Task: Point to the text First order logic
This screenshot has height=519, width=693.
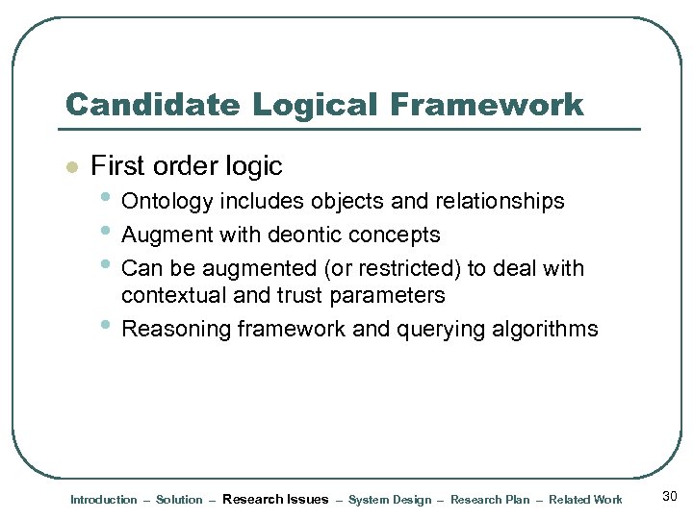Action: pos(186,166)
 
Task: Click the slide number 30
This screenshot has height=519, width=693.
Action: pos(671,496)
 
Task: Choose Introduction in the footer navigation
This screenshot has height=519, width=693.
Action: pos(104,500)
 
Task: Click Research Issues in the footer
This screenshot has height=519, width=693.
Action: pos(275,499)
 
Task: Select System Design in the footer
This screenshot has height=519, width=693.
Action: pos(390,500)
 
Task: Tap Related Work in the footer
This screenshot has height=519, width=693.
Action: pos(585,500)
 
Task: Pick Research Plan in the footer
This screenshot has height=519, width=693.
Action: pos(490,500)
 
